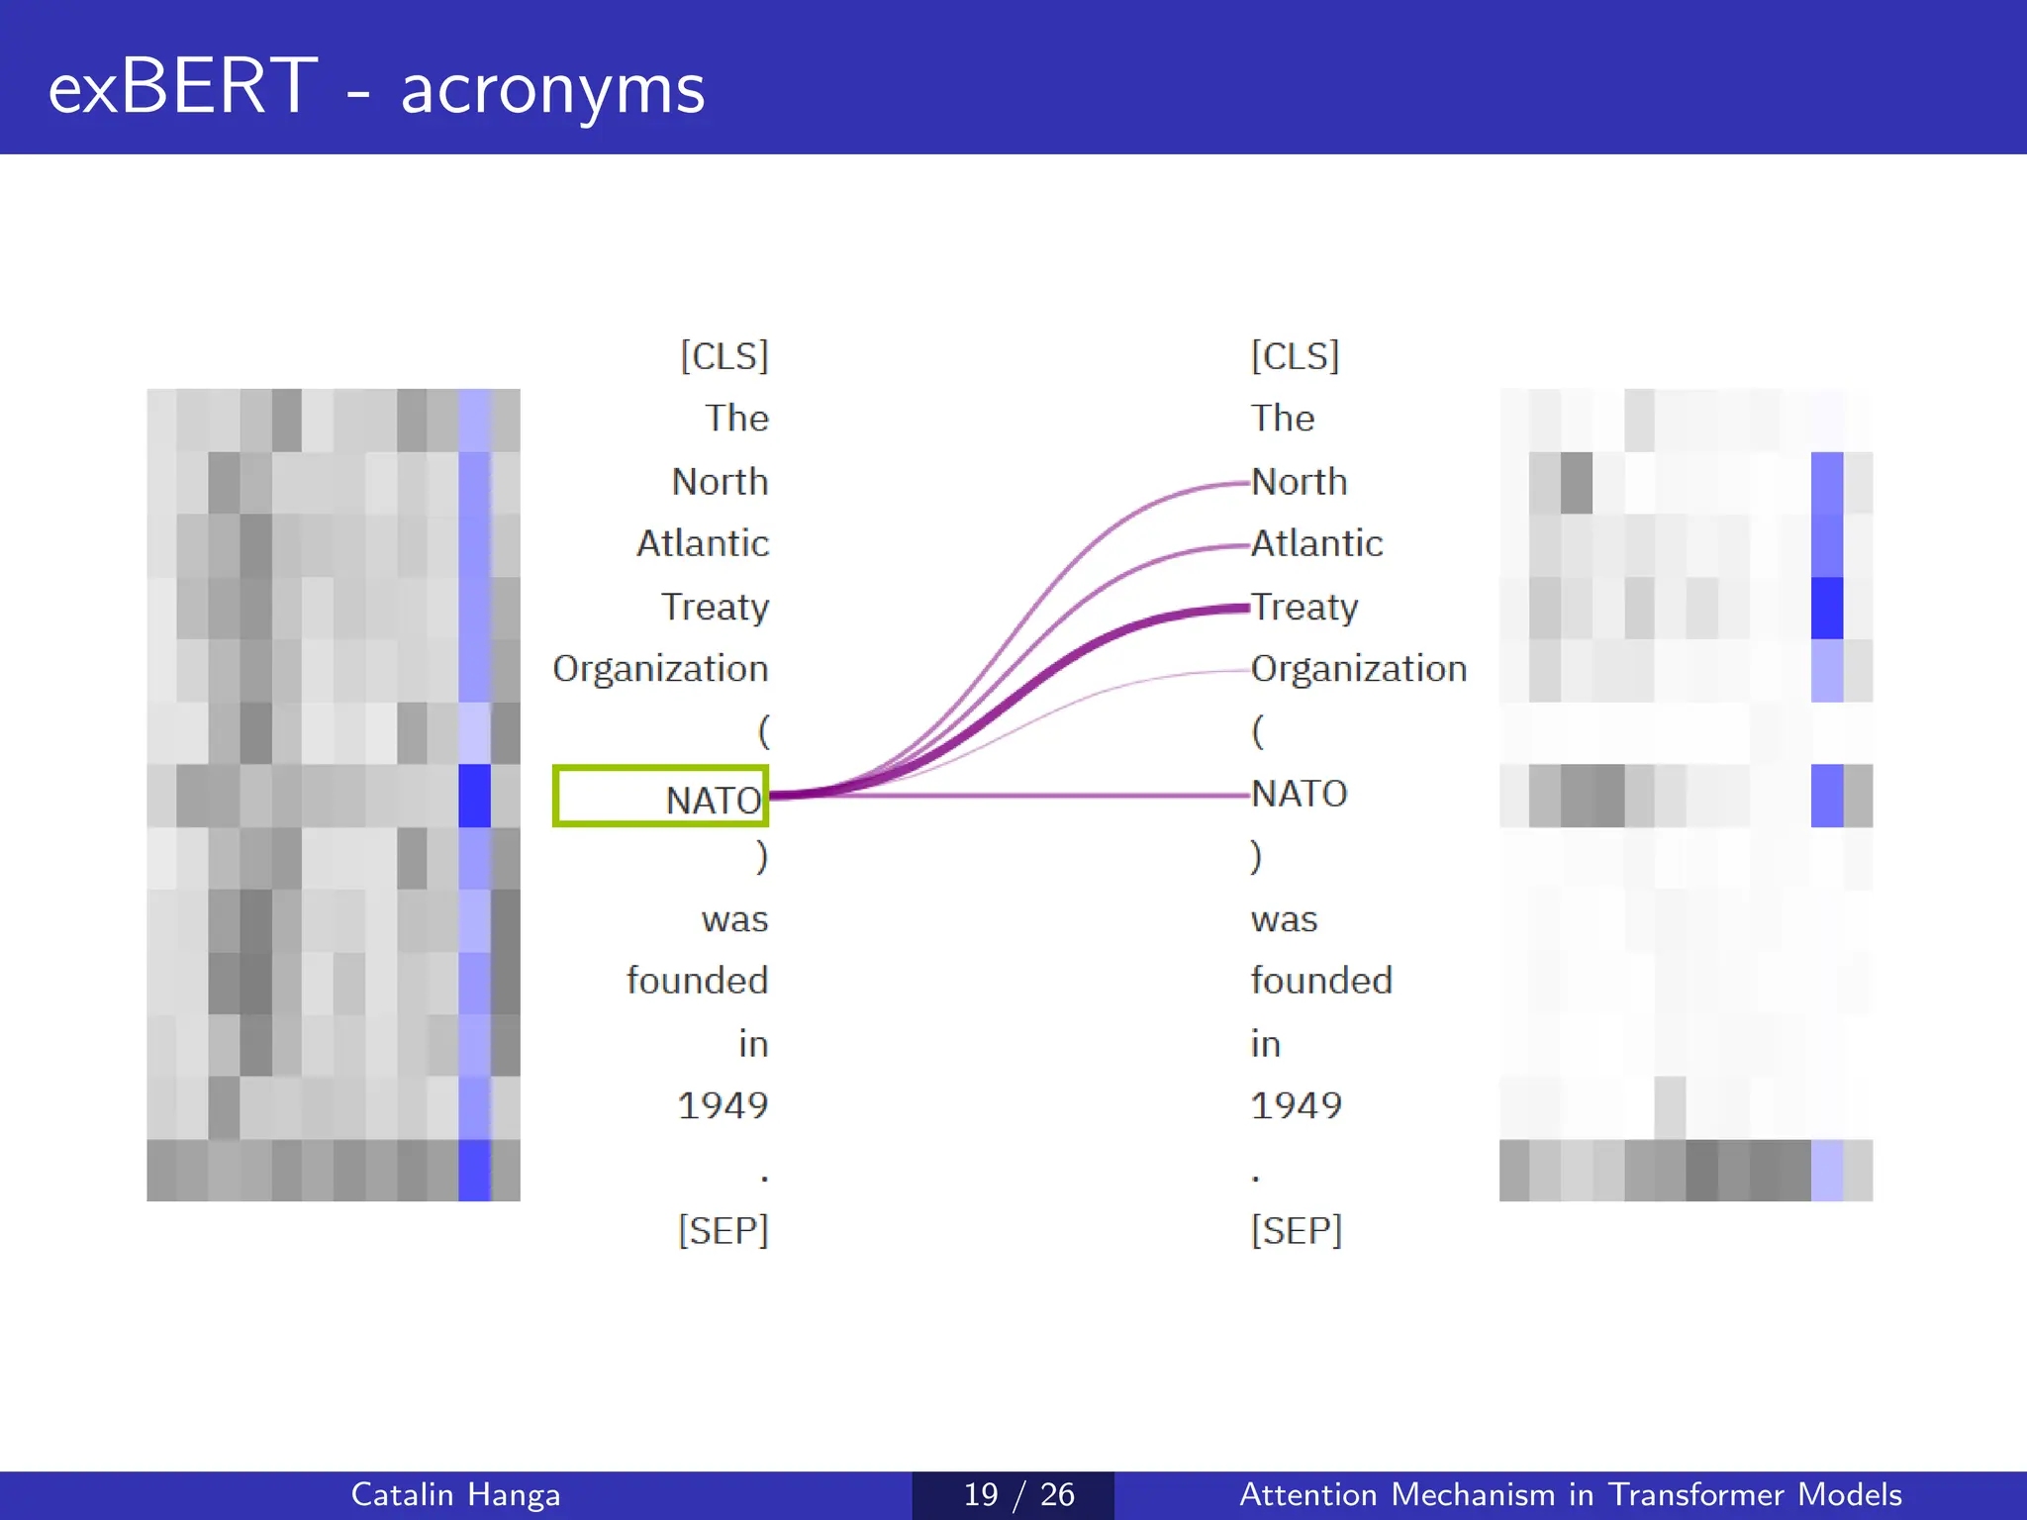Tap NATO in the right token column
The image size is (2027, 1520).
(1300, 794)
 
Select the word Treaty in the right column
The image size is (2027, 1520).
(1304, 607)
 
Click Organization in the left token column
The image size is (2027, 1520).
(660, 670)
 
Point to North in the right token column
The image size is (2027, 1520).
(1299, 482)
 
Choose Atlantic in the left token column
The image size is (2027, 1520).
(703, 543)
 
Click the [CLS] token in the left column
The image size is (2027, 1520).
(724, 356)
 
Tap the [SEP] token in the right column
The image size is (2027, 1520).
(1297, 1231)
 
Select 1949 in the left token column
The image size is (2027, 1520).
(723, 1105)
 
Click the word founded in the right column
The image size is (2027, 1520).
(1321, 981)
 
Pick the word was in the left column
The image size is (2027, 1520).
(734, 919)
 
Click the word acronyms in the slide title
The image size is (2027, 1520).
(552, 88)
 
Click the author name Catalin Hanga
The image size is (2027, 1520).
(455, 1494)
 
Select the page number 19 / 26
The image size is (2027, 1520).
(1018, 1494)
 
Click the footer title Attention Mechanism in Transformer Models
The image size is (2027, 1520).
(1571, 1494)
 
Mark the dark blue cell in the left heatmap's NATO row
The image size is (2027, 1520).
(475, 796)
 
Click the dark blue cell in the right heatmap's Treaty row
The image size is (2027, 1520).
(1827, 608)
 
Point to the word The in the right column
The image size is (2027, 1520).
(1283, 419)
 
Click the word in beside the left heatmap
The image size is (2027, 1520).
(753, 1044)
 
